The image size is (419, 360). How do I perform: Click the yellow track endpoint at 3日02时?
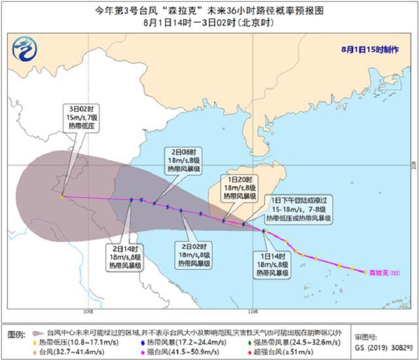click(x=62, y=196)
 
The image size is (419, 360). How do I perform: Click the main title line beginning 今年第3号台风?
click(x=210, y=11)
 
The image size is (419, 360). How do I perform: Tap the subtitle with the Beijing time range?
click(x=210, y=24)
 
